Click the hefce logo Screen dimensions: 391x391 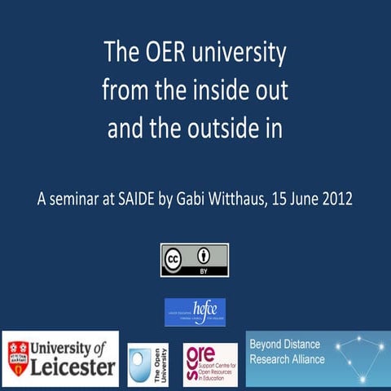[x=195, y=310]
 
